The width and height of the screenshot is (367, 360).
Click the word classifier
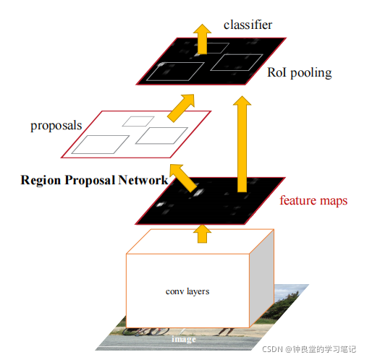(248, 25)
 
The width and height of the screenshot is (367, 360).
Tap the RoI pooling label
(300, 72)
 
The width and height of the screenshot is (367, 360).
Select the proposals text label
(56, 126)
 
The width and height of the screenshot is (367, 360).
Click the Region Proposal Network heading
(94, 180)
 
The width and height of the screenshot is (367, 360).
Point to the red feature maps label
(313, 200)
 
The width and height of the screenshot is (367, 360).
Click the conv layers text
(187, 291)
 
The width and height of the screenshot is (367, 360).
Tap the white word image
(184, 339)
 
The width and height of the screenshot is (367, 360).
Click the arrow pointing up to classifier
(202, 39)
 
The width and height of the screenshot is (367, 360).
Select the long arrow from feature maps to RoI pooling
(242, 144)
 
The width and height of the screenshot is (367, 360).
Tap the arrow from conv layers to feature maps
(202, 233)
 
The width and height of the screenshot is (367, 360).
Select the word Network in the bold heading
(143, 180)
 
